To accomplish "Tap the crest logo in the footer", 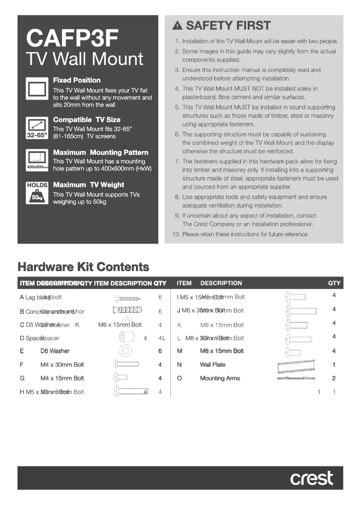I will coord(312,478).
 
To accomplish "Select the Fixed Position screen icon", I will coord(37,89).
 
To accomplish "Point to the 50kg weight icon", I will coord(37,197).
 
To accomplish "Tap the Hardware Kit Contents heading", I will coord(83,267).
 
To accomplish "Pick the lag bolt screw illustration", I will coord(128,298).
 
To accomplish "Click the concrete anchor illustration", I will coord(127,310).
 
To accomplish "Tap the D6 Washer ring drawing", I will coord(126,351).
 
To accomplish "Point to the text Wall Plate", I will coord(213,365).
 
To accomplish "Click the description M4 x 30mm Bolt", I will coord(62,365).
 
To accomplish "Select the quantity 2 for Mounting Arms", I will coord(334,378).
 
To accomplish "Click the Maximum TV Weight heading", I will coord(88,185).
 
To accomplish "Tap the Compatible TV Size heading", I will coord(87,120).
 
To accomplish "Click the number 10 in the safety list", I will coord(176,234).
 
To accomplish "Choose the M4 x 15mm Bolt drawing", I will coord(121,378).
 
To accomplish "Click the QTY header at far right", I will coord(334,283).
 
